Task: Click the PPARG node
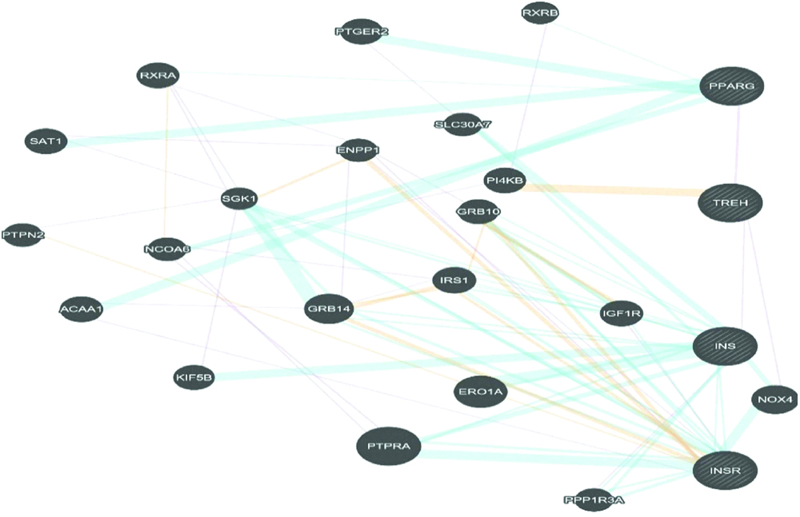(x=731, y=85)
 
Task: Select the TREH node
(x=730, y=203)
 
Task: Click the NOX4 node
(x=774, y=400)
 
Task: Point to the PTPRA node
(x=388, y=447)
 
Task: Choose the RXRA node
(x=158, y=76)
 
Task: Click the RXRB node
(x=540, y=13)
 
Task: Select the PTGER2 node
(x=362, y=32)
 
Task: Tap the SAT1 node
(x=46, y=141)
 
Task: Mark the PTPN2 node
(x=22, y=235)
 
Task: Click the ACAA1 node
(x=81, y=309)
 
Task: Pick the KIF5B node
(x=194, y=377)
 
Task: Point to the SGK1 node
(x=239, y=199)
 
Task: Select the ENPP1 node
(x=357, y=150)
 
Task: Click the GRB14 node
(x=329, y=309)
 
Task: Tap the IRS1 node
(x=454, y=280)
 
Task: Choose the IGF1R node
(x=621, y=314)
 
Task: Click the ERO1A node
(x=480, y=391)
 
